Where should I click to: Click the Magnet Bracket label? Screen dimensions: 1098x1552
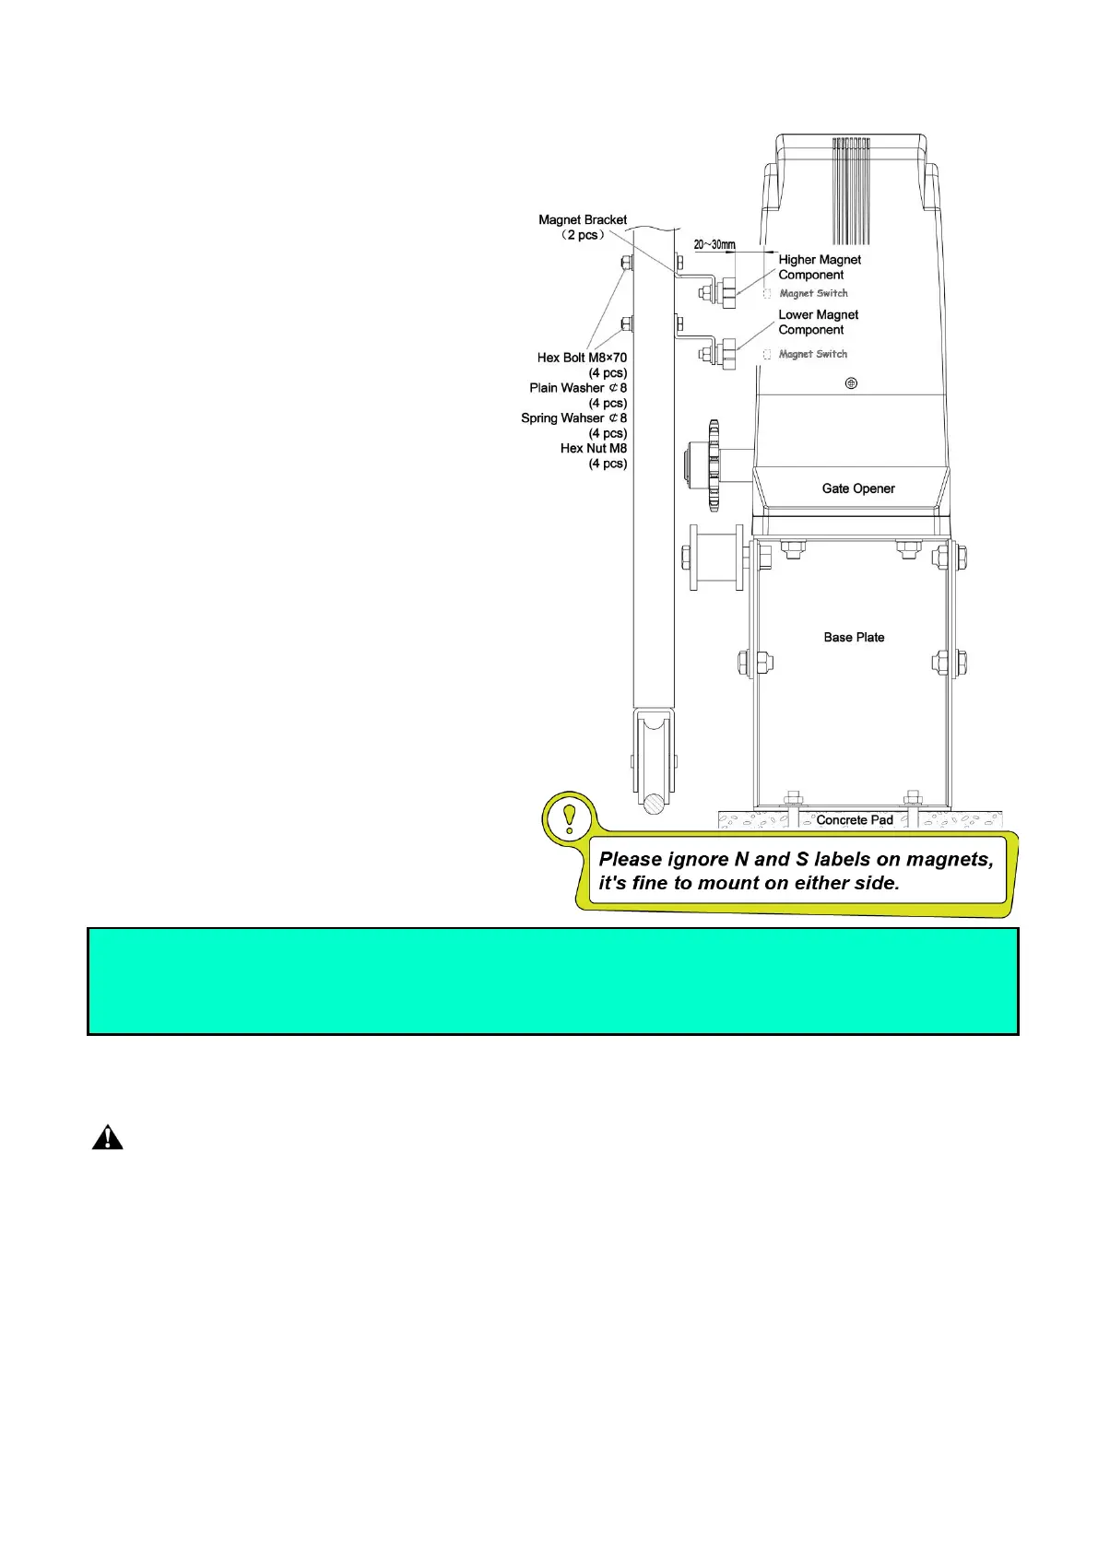point(582,220)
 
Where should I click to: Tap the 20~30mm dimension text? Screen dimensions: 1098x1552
point(714,244)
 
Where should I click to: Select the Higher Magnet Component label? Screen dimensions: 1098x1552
point(819,267)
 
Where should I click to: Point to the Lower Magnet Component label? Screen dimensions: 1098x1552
point(818,323)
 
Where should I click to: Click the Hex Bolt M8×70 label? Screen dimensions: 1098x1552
point(582,358)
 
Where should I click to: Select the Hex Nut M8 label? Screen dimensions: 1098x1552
point(593,449)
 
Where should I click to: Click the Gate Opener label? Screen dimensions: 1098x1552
point(857,488)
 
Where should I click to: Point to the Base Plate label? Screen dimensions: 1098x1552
point(854,637)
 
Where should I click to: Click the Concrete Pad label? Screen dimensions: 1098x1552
point(854,819)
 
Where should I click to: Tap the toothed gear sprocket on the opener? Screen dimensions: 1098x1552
point(713,465)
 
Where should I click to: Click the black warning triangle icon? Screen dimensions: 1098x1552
point(107,1138)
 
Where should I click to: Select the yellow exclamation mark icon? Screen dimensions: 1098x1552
point(569,817)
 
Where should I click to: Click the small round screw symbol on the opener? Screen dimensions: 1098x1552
point(851,382)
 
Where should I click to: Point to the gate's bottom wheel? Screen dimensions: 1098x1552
point(654,756)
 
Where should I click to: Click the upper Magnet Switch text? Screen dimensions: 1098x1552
point(813,293)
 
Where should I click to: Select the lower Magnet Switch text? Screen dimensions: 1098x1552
point(812,354)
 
